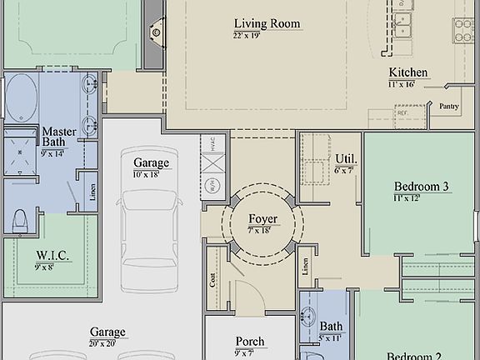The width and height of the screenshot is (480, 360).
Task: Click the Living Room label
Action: pos(267,24)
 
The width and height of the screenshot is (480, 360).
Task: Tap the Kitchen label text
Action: pos(407,72)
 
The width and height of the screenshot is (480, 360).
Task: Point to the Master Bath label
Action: pos(58,137)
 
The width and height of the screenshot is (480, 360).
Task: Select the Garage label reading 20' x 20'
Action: pos(107,331)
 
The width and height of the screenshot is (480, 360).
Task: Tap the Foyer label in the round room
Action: pos(262,221)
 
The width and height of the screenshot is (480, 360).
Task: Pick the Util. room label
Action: pos(347,158)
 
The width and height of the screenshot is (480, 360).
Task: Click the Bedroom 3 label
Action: pos(422,187)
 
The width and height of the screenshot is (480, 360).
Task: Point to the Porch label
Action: pos(250,342)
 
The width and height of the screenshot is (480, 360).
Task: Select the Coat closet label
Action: pos(212,280)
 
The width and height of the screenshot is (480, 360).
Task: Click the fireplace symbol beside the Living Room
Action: pos(155,32)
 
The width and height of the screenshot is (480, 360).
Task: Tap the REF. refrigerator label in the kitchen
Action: pos(402,112)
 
